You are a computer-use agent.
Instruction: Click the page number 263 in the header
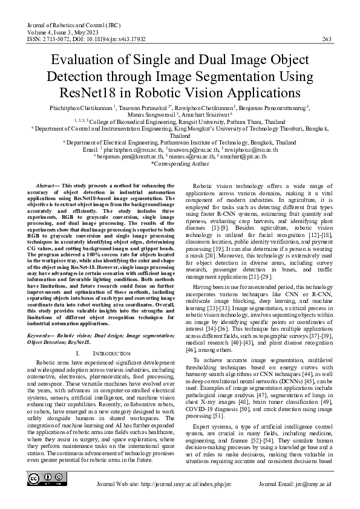tap(326, 39)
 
